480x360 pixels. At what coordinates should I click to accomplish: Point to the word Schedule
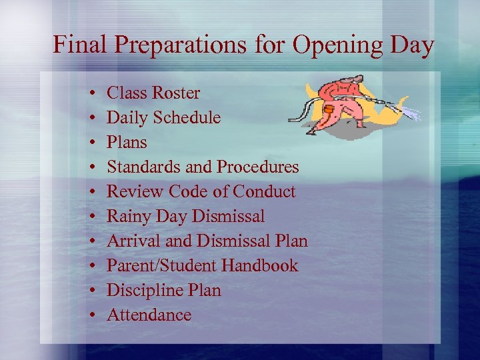tap(187, 117)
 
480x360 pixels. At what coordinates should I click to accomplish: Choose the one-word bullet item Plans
tap(127, 142)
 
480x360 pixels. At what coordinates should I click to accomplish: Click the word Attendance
tap(149, 315)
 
